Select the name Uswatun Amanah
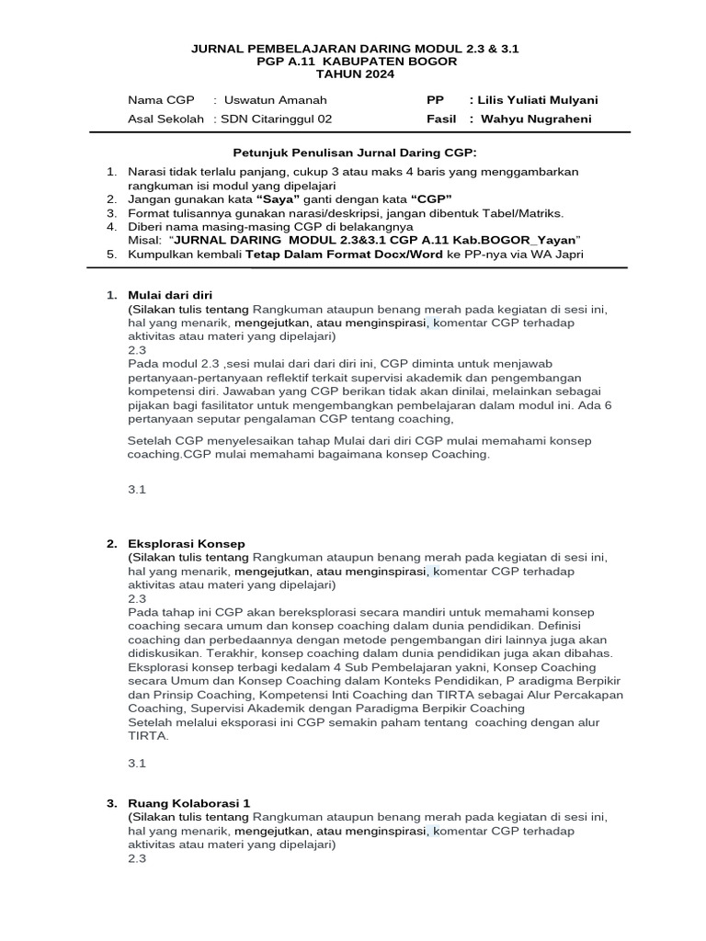(275, 99)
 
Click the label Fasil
(441, 119)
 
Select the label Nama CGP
(161, 99)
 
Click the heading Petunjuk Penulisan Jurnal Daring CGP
(353, 152)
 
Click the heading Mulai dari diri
(170, 295)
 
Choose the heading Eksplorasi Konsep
(187, 544)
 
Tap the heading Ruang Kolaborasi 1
(188, 803)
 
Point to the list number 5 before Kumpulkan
(110, 254)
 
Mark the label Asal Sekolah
(165, 119)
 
